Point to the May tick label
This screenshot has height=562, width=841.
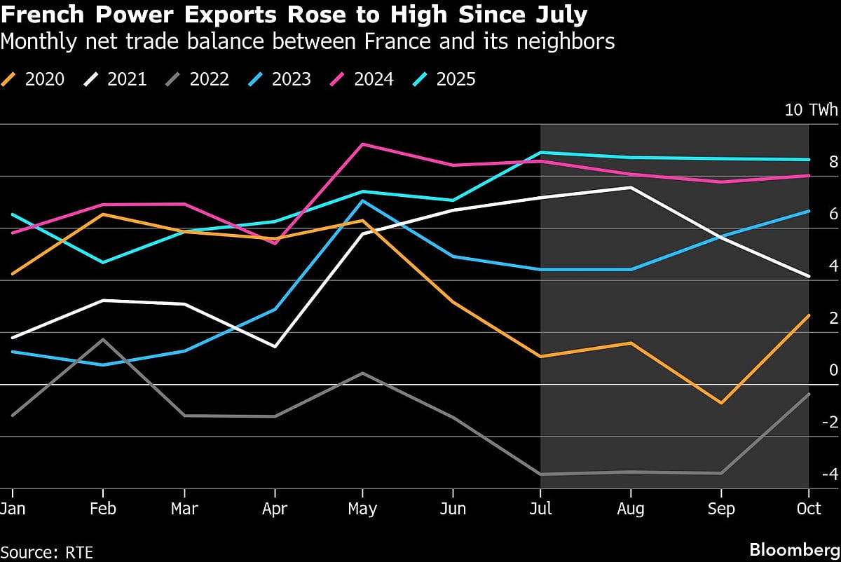coord(362,509)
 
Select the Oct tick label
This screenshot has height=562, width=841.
coord(809,509)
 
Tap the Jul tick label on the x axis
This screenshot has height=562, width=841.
coord(540,509)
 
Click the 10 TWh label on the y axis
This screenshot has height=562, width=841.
coord(811,110)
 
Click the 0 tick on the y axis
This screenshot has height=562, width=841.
coord(833,370)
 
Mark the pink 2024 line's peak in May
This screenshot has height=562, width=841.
coord(362,144)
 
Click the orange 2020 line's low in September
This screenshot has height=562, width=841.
coord(720,403)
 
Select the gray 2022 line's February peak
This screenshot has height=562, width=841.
coord(104,340)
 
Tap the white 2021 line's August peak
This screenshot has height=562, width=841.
coord(631,188)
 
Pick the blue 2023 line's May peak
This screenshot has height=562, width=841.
coord(362,201)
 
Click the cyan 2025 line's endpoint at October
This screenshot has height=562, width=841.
coord(809,160)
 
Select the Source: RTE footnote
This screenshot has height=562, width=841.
coord(46,551)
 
